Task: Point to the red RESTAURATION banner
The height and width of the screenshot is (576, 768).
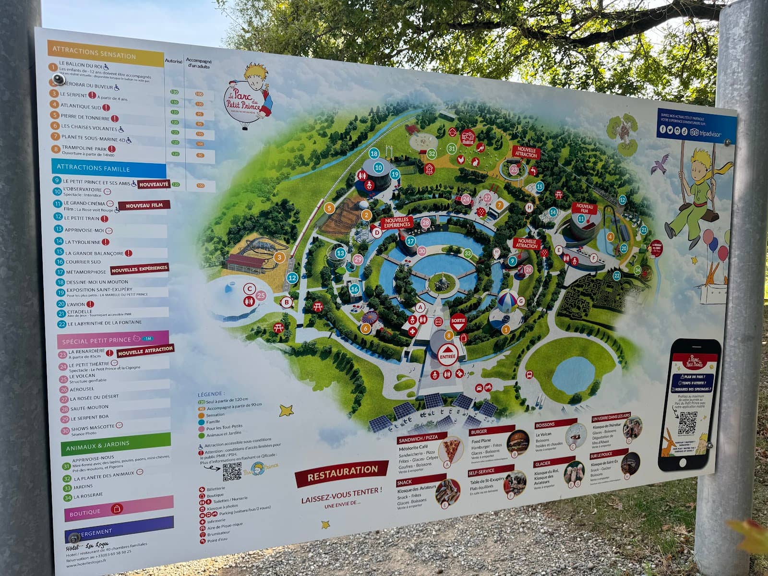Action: pos(342,473)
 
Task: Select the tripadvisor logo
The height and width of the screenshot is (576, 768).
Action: pos(705,134)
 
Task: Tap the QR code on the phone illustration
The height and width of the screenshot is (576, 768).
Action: pos(687,422)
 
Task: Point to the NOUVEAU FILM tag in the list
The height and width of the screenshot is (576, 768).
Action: pos(144,205)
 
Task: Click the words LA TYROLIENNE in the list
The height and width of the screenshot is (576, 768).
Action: pos(83,242)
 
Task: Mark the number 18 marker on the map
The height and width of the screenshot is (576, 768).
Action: pos(374,154)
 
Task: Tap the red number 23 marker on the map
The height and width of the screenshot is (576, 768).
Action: pos(514,169)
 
